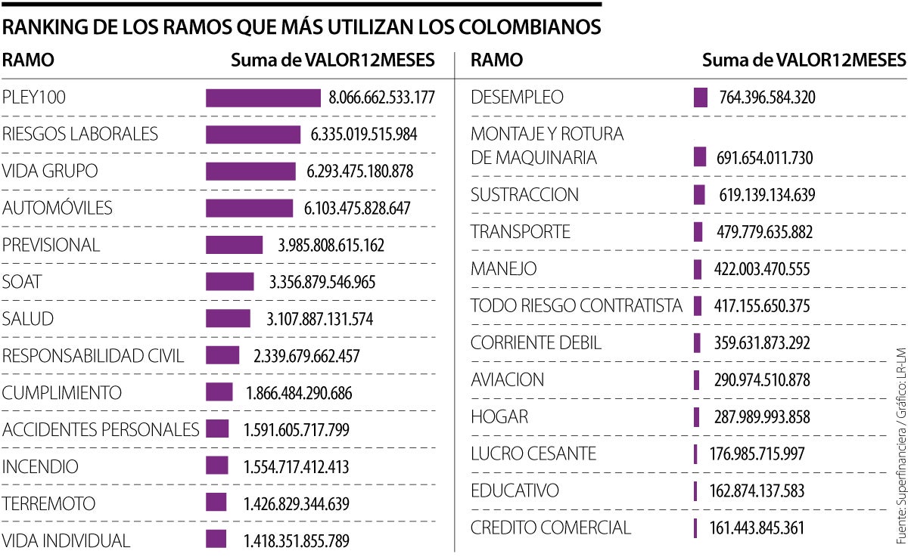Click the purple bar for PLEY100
tap(263, 97)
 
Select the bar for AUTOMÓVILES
tap(249, 208)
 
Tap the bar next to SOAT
tap(230, 282)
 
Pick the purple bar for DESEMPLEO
tap(700, 97)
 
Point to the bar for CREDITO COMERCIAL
tap(695, 528)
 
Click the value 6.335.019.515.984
tap(363, 135)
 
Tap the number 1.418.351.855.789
tap(296, 541)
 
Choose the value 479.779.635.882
tap(764, 232)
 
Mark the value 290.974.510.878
tap(762, 380)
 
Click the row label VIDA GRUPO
tap(50, 172)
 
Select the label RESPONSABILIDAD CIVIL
tap(93, 356)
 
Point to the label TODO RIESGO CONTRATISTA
tap(576, 306)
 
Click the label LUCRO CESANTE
tap(533, 453)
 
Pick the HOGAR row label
tap(499, 417)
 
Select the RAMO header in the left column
tap(28, 60)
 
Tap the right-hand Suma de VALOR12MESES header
tap(804, 60)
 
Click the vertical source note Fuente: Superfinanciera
tap(900, 469)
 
